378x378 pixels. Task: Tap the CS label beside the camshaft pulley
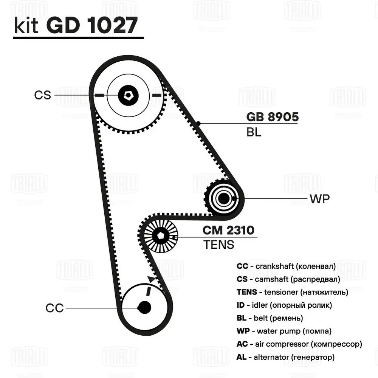click(x=42, y=95)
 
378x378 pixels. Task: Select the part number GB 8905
click(x=272, y=117)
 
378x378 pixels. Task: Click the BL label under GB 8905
click(x=254, y=133)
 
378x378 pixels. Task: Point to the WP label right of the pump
click(x=320, y=199)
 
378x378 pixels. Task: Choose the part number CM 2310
click(x=228, y=230)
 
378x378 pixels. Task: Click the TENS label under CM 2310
click(x=219, y=245)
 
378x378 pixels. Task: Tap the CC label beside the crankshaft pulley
click(x=54, y=308)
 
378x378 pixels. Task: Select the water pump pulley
click(x=223, y=198)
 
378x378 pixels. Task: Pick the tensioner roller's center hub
click(x=160, y=237)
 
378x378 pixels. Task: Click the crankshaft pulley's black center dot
click(x=144, y=307)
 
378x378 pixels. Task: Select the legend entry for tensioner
click(x=292, y=292)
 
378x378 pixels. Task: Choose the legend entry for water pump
click(x=284, y=331)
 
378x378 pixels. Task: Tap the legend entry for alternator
click(x=285, y=357)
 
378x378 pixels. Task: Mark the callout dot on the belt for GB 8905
click(x=198, y=123)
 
